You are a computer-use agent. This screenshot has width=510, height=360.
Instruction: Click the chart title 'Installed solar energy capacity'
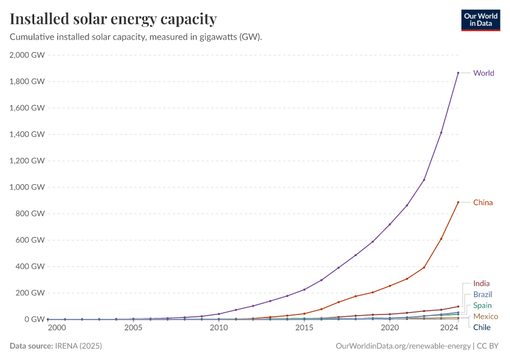[x=113, y=19]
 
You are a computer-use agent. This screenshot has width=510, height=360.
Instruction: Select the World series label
[x=484, y=73]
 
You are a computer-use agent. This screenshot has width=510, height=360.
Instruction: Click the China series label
[x=483, y=202]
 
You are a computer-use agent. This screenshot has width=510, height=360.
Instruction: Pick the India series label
[x=481, y=283]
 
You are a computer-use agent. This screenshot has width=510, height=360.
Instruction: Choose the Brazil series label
[x=482, y=295]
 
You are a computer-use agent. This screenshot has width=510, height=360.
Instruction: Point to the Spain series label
[x=482, y=305]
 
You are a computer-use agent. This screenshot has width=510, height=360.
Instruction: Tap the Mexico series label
[x=485, y=316]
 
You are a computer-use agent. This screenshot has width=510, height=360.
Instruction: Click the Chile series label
[x=482, y=327]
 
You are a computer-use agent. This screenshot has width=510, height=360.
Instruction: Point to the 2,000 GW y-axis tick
[x=28, y=55]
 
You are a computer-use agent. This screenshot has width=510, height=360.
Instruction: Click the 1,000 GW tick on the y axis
[x=28, y=187]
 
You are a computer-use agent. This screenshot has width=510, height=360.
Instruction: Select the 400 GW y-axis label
[x=30, y=266]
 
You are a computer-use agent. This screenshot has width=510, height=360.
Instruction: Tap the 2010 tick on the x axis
[x=218, y=328]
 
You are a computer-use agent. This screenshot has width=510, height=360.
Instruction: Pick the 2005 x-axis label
[x=133, y=328]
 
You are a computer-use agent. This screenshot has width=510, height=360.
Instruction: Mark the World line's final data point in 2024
[x=458, y=73]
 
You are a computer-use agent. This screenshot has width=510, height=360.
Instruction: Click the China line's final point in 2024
[x=458, y=202]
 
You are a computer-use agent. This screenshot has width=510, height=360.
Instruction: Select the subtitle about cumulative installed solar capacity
[x=136, y=37]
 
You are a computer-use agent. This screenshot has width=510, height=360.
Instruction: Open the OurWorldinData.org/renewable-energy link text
[x=403, y=346]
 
